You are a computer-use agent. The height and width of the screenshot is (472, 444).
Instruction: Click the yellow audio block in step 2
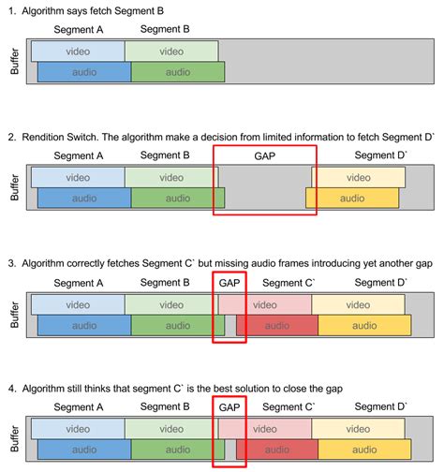coord(351,198)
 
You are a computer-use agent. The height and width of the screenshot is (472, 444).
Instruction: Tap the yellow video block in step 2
coord(359,177)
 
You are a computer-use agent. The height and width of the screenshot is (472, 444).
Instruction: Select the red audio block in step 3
coord(276,325)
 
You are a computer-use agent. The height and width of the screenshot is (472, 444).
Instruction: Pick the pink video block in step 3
coord(264,304)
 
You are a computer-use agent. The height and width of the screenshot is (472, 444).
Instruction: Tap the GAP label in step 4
coord(229,407)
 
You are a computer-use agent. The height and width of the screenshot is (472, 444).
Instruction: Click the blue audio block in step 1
coord(83,71)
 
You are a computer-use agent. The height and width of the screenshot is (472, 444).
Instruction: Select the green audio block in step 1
coord(178,71)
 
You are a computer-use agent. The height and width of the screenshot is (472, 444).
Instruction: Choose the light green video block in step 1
coord(170,51)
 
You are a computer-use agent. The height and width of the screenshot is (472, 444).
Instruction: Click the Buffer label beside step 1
coord(13,61)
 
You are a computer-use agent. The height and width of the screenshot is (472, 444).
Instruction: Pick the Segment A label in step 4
coord(79,408)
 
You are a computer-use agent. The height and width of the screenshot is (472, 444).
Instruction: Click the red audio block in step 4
coord(276,451)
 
